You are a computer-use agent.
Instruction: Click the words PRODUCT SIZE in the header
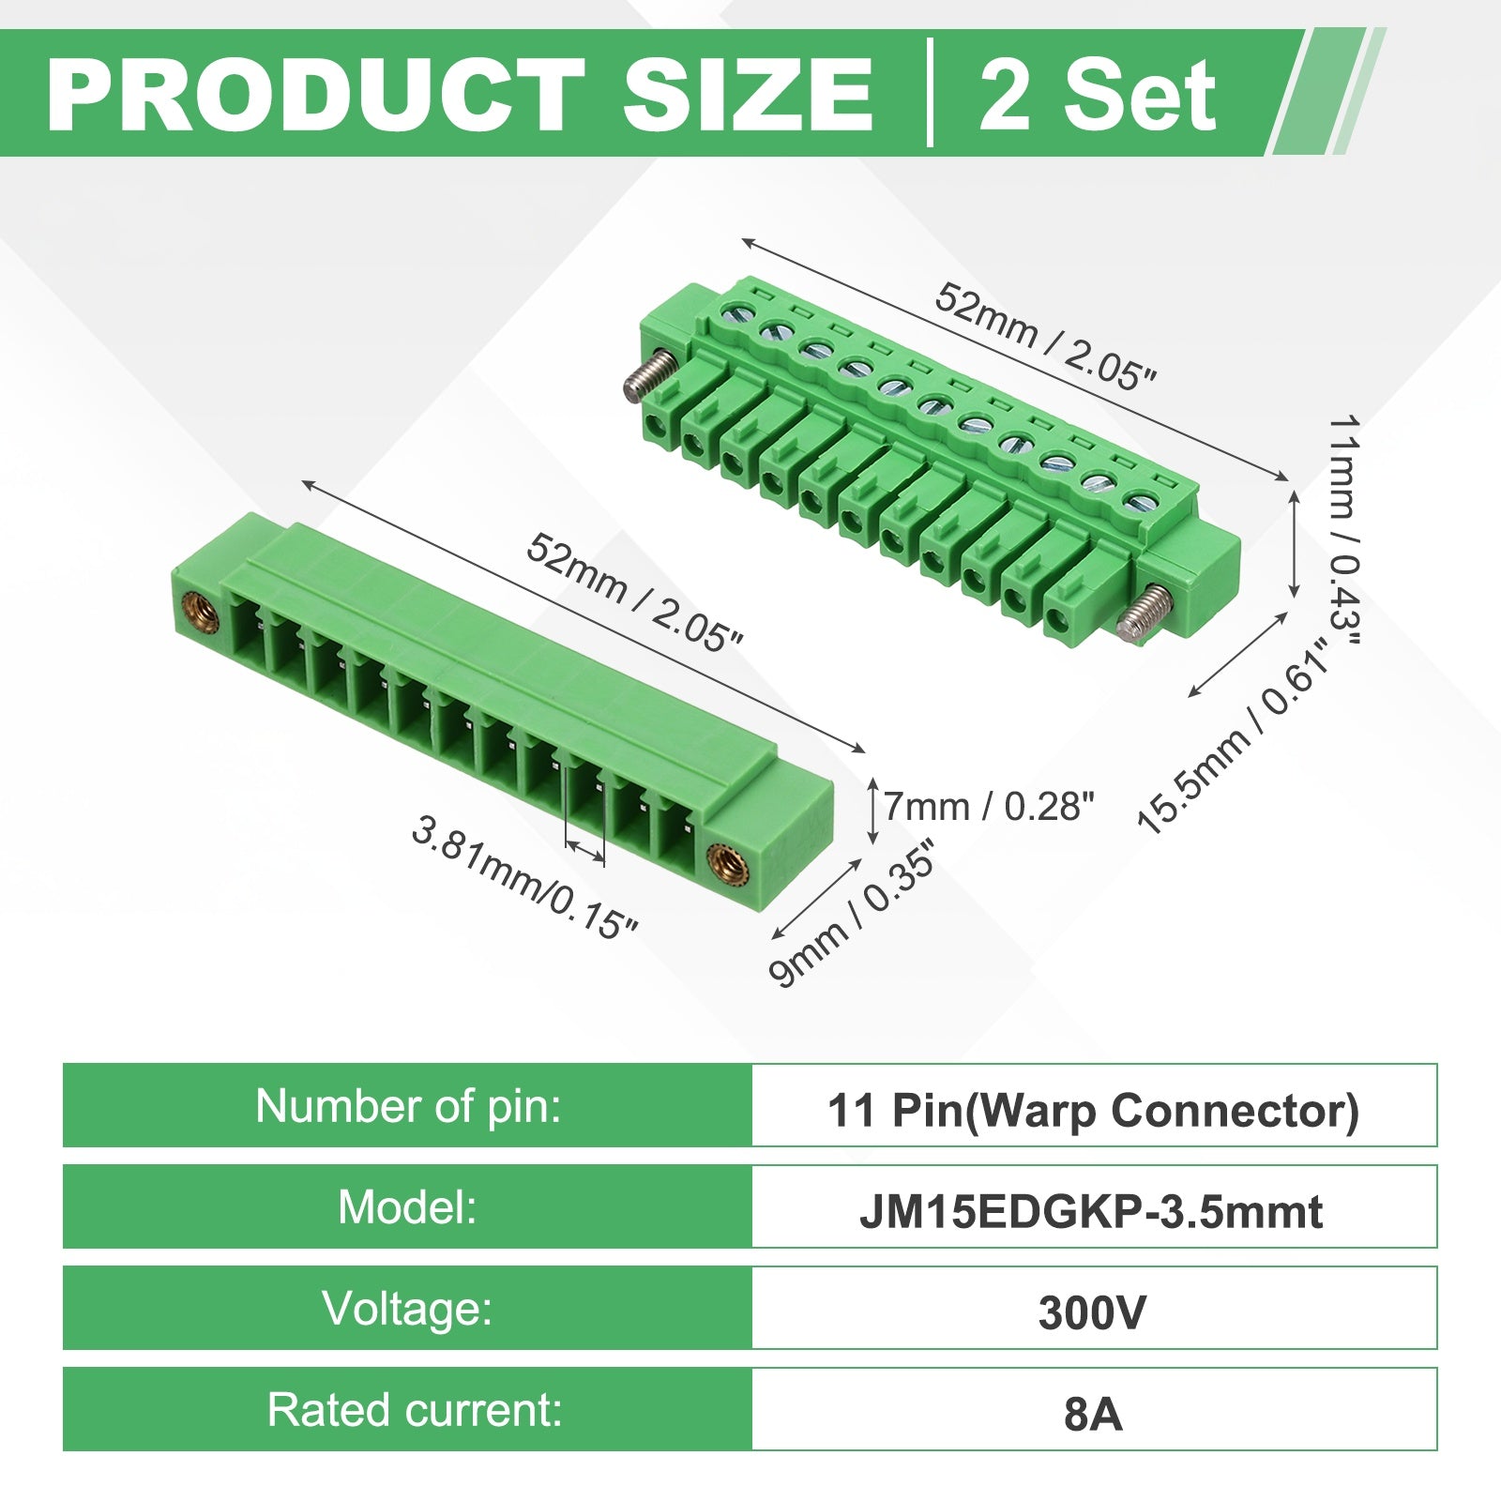tap(460, 95)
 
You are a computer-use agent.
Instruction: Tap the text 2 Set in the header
tap(1098, 95)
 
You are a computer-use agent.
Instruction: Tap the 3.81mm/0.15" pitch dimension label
tap(525, 877)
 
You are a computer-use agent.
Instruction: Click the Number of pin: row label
tap(408, 1105)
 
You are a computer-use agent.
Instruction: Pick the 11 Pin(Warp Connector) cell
tap(1094, 1110)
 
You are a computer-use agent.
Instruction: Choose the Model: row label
tap(408, 1206)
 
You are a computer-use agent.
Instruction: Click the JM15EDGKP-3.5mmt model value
tap(1092, 1212)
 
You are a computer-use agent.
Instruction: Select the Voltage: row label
tap(408, 1308)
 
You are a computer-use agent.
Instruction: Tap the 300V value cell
tap(1092, 1313)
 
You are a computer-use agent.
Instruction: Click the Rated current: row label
tap(415, 1409)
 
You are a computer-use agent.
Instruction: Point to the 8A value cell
tap(1094, 1415)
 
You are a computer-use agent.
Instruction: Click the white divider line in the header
tap(930, 93)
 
